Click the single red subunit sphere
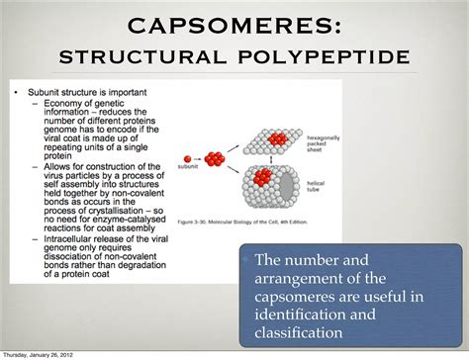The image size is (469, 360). (x=186, y=156)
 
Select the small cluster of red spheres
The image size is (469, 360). (x=215, y=157)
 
